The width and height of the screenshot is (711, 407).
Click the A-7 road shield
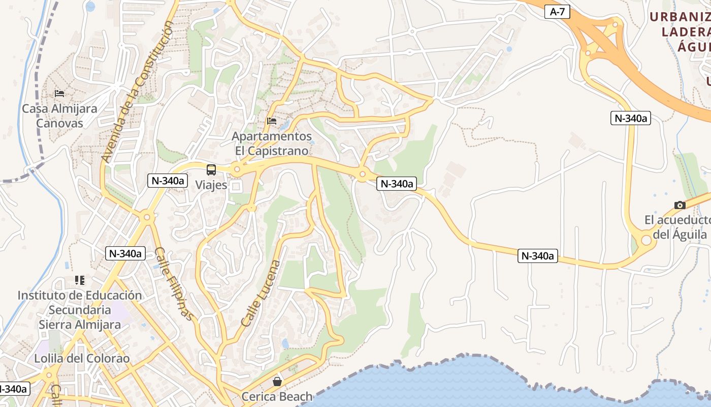(x=557, y=12)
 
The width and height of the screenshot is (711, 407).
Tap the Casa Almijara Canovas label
(x=59, y=115)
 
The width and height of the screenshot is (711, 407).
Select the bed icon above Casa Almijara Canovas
(x=59, y=94)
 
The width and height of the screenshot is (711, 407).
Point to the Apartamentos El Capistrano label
(x=272, y=143)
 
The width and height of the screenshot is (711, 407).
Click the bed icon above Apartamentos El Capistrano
(x=272, y=121)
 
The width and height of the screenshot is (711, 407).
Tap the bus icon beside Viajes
(x=211, y=170)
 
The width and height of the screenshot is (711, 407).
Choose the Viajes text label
(x=211, y=185)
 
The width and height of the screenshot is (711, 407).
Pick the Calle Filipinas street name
(x=174, y=283)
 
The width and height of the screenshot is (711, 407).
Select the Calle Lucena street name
(x=261, y=294)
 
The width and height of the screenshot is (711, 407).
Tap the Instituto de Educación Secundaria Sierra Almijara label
(x=80, y=310)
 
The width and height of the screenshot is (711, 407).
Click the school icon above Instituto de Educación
(x=80, y=280)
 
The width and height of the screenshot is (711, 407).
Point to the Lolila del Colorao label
(x=82, y=358)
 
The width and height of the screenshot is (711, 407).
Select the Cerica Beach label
(x=277, y=396)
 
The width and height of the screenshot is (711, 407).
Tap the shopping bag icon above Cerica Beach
(x=277, y=381)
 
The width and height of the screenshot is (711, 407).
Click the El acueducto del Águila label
(x=677, y=227)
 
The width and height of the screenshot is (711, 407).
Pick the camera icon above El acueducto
(x=680, y=206)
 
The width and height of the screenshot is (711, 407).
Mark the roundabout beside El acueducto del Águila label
(x=646, y=240)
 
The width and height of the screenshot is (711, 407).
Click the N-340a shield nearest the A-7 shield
(x=630, y=118)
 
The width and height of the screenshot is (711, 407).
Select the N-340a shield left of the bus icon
(x=168, y=180)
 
